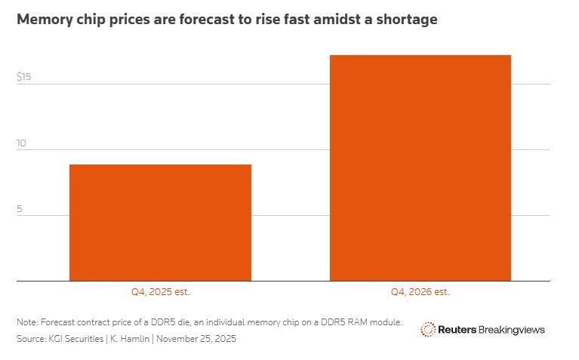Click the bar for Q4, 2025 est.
point(160,223)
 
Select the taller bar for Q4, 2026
point(420,168)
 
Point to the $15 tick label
point(24,77)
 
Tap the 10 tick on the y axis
point(22,143)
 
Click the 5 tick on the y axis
point(20,208)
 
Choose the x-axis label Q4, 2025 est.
point(160,291)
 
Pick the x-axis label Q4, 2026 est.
point(420,291)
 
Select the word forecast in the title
point(201,20)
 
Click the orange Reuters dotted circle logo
point(428,329)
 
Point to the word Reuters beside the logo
point(457,330)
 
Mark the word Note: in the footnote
point(28,322)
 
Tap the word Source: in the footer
point(31,339)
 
